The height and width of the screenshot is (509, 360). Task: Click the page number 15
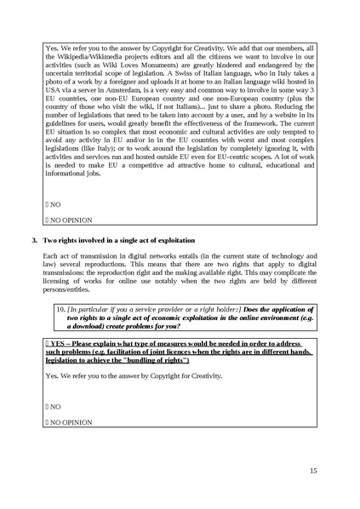[x=313, y=470]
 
